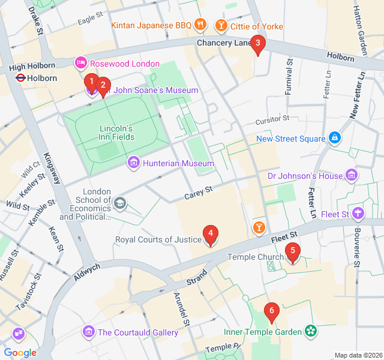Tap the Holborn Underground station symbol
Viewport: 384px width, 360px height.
(x=19, y=78)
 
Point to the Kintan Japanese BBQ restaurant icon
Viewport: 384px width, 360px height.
(x=201, y=25)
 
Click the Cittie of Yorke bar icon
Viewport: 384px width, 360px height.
(x=221, y=26)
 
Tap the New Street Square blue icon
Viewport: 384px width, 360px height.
(x=335, y=139)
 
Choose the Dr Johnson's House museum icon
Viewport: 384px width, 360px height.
(x=352, y=176)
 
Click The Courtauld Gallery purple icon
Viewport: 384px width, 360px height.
(x=89, y=332)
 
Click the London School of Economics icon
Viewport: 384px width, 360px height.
(x=121, y=203)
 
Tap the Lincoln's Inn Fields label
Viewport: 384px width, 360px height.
(x=116, y=133)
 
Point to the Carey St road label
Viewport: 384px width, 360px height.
(x=199, y=193)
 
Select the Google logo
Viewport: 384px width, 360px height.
(x=20, y=353)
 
